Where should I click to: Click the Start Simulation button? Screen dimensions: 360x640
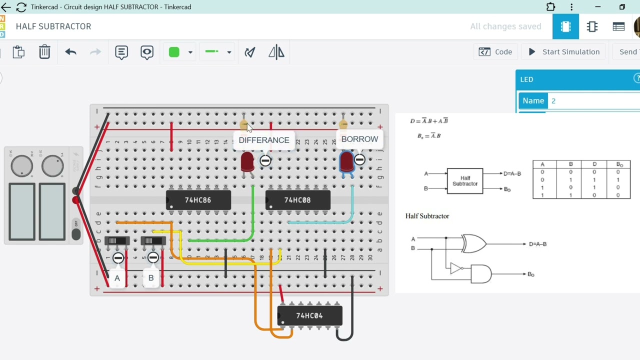[x=563, y=52]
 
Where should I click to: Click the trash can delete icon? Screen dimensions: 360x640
[x=44, y=52]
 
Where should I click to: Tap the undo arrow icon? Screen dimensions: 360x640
[x=70, y=52]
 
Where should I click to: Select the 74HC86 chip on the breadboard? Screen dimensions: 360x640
[x=198, y=200]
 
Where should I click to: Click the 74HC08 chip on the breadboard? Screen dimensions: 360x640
[x=297, y=200]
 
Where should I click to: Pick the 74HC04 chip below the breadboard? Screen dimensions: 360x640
[x=309, y=315]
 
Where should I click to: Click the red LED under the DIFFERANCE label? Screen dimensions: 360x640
[x=247, y=162]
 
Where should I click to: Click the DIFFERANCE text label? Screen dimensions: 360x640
[x=263, y=140]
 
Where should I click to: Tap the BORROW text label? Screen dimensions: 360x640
[x=359, y=139]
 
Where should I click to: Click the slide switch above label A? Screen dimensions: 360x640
[x=117, y=241]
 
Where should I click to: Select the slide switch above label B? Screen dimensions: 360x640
[x=153, y=241]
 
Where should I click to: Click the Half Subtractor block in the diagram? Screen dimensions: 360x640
[x=465, y=181]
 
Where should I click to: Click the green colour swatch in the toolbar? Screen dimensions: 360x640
[x=174, y=52]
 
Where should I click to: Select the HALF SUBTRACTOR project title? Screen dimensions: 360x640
[x=53, y=26]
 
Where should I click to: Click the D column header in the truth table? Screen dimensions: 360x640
[x=594, y=164]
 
